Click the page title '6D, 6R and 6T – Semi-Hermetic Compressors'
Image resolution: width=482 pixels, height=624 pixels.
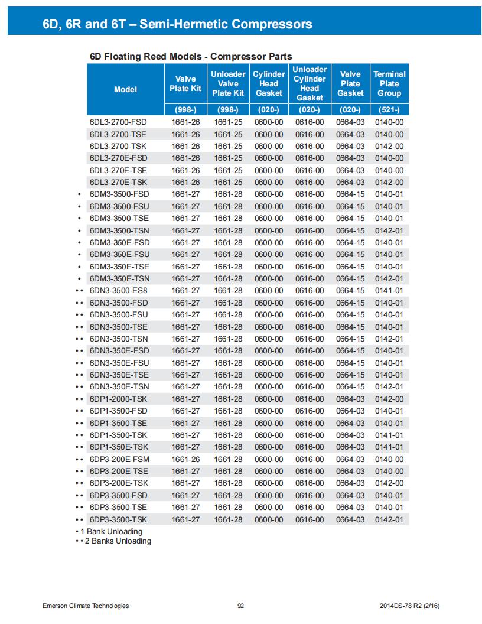[x=177, y=24]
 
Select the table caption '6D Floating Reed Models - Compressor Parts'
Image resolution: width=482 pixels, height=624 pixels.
[x=191, y=57]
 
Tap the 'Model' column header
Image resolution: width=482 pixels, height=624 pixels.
[x=125, y=89]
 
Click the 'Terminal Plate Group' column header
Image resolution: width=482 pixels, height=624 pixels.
[x=389, y=83]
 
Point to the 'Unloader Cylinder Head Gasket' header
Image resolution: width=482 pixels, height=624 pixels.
[x=310, y=83]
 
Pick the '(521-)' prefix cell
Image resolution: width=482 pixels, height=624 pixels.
[x=389, y=110]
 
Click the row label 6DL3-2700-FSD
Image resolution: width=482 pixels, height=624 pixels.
[x=118, y=122]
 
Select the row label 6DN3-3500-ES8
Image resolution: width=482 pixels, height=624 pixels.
[x=118, y=291]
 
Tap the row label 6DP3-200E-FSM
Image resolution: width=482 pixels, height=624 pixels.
[x=119, y=459]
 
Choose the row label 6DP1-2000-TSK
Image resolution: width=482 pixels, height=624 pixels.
[x=118, y=399]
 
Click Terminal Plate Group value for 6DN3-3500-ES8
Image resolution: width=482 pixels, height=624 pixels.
[x=389, y=291]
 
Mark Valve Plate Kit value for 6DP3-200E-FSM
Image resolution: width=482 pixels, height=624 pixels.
[x=185, y=459]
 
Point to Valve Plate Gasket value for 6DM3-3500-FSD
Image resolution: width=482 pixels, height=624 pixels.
[x=350, y=194]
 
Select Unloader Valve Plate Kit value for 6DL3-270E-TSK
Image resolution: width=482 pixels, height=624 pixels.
[x=228, y=182]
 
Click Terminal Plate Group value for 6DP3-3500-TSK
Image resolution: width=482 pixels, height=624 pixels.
[x=389, y=519]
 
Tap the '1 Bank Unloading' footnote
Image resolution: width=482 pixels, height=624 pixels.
[x=112, y=532]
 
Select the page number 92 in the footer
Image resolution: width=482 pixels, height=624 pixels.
[x=240, y=606]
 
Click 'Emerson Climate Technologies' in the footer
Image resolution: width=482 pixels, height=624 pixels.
[x=86, y=606]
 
